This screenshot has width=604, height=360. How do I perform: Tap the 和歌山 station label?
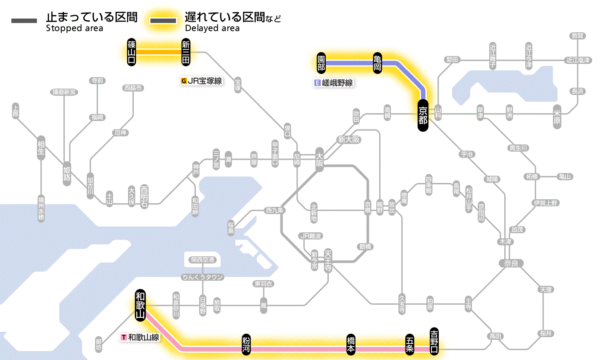pos(140,304)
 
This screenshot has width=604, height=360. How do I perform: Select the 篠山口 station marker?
pos(132,52)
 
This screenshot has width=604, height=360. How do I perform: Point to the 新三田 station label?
pos(186,52)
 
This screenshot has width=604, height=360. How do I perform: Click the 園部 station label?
pos(321,63)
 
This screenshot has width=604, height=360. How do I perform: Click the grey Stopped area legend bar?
pos(25,21)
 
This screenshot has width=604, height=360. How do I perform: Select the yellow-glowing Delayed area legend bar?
pos(163,21)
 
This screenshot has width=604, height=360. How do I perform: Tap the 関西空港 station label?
pos(205,259)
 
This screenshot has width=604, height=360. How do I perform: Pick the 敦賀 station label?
pos(578,36)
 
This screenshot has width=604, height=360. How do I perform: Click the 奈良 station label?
pos(511,263)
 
